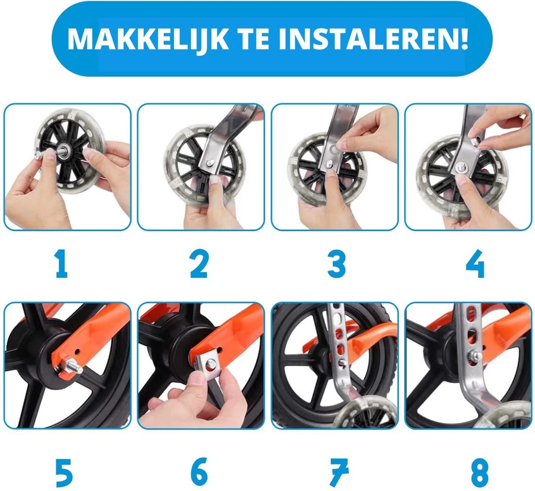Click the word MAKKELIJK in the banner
pyautogui.click(x=148, y=39)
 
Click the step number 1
pyautogui.click(x=62, y=263)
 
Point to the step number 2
pyautogui.click(x=199, y=263)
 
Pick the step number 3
pyautogui.click(x=337, y=263)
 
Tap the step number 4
pyautogui.click(x=475, y=263)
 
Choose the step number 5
pyautogui.click(x=65, y=473)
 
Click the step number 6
pyautogui.click(x=199, y=472)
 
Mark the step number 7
pyautogui.click(x=338, y=473)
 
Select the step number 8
pyautogui.click(x=476, y=473)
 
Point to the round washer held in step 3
pyautogui.click(x=333, y=148)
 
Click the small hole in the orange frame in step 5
pyautogui.click(x=77, y=352)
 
